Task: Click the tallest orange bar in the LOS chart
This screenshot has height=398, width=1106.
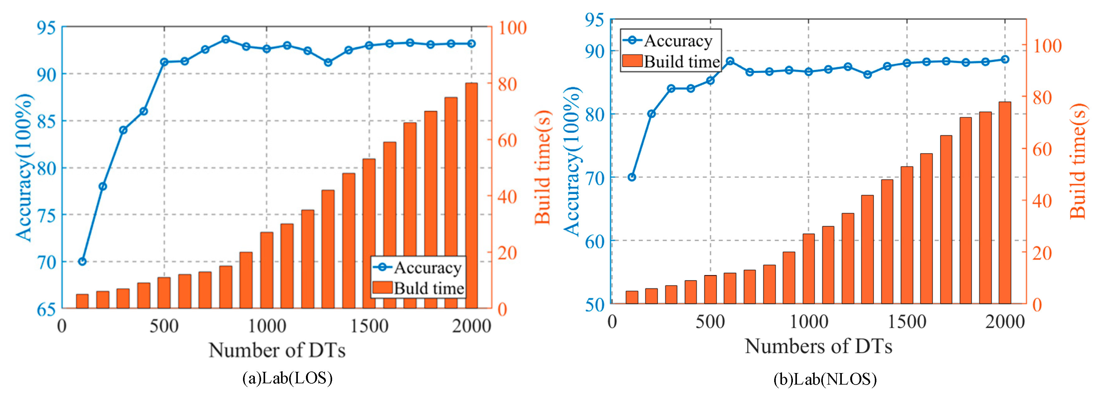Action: point(471,196)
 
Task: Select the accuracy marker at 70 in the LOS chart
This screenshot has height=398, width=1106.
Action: point(82,261)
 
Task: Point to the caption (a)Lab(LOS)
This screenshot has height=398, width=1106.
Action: point(287,378)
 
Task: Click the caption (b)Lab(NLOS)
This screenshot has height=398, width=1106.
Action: point(825,379)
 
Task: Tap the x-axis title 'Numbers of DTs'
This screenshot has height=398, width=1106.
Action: point(818,346)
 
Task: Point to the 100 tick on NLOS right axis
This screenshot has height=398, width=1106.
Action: point(1047,46)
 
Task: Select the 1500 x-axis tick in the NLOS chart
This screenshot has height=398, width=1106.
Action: point(907,322)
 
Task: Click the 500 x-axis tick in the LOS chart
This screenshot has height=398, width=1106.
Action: point(164,326)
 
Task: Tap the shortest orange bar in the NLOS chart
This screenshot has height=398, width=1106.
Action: point(632,298)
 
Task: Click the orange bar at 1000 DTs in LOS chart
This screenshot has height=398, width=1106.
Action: point(267,270)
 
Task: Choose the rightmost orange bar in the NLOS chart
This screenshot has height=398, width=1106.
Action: point(1005,203)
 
